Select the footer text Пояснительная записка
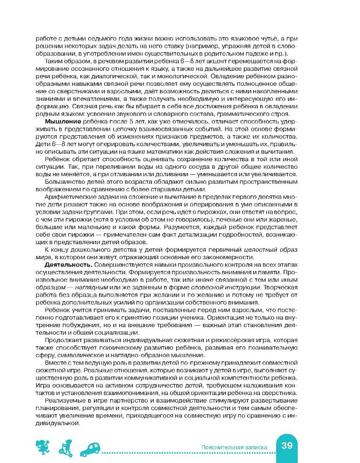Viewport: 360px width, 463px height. pos(233,447)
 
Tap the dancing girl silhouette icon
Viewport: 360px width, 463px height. pos(42,448)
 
